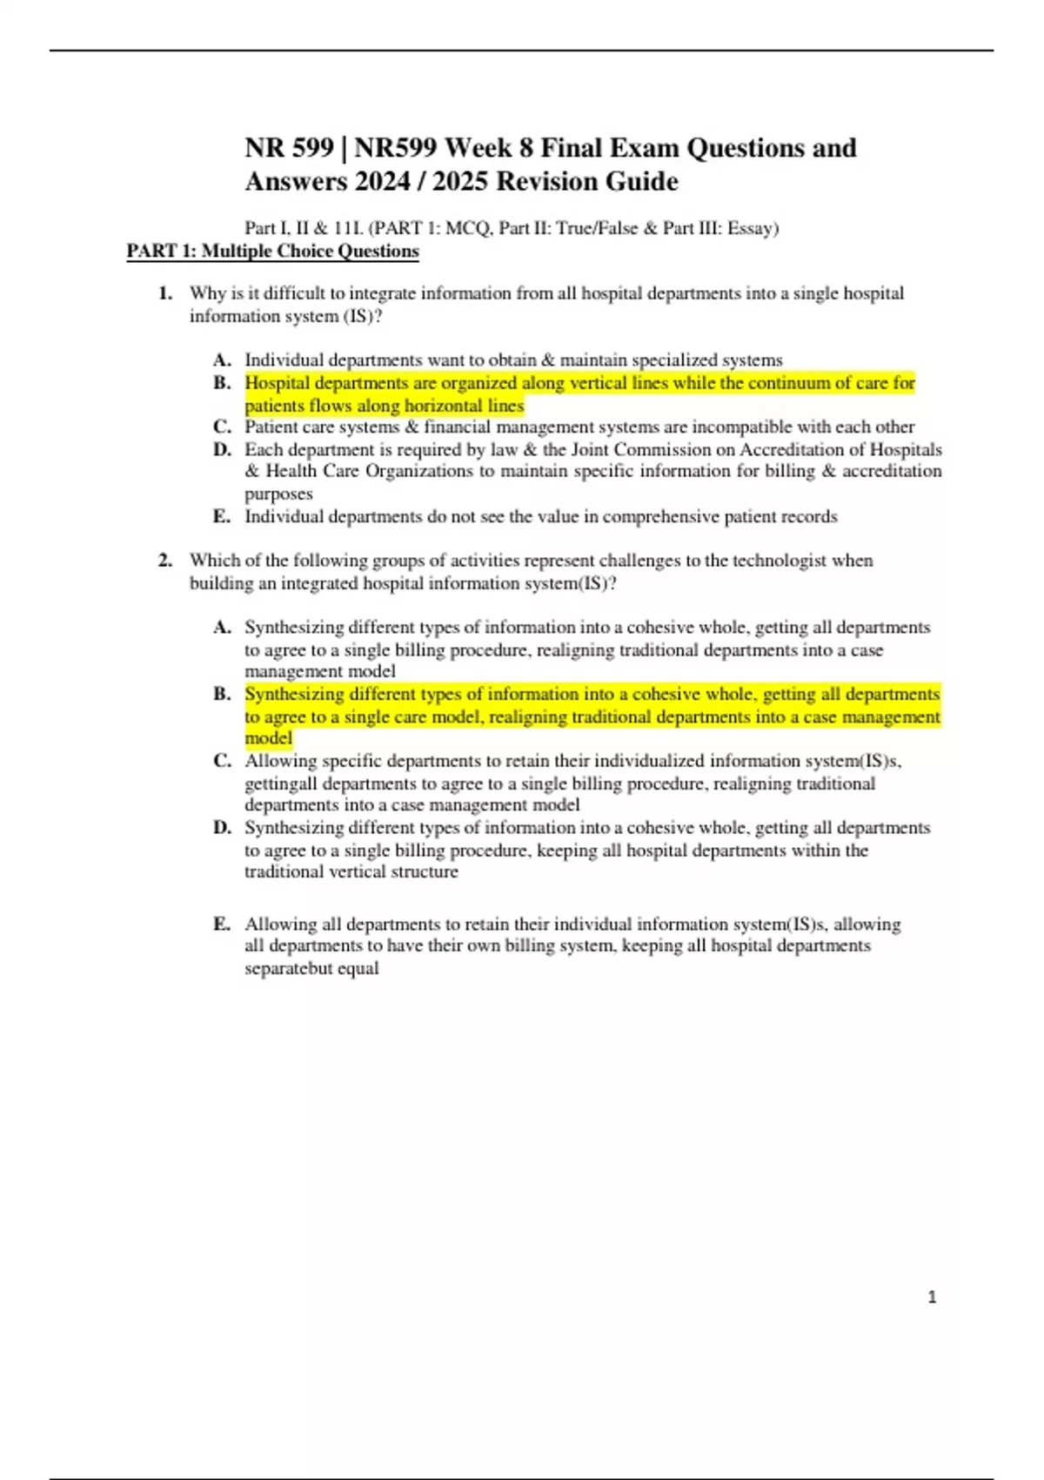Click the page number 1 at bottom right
tap(932, 1297)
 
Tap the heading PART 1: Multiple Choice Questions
tap(272, 252)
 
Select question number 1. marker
tap(165, 293)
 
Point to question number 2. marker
tap(165, 561)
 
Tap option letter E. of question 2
tap(222, 924)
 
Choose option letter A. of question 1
tap(222, 360)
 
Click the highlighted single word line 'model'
tap(268, 738)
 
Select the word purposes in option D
tap(278, 494)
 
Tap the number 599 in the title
tap(312, 148)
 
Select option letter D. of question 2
tap(222, 828)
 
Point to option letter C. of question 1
tap(222, 427)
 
